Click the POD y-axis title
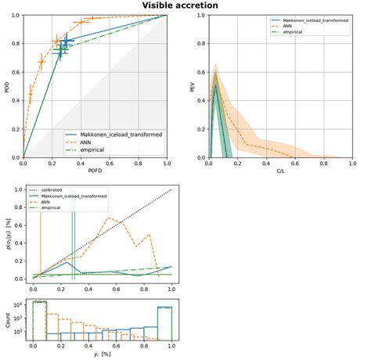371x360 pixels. (6, 86)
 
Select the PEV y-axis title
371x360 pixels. (193, 86)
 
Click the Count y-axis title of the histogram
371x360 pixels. (6, 323)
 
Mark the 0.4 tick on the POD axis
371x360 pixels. (16, 101)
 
